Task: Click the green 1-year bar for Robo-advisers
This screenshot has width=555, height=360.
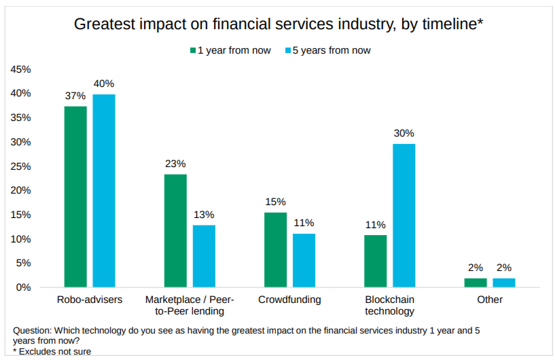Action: (75, 196)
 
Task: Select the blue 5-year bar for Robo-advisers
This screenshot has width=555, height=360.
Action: (104, 190)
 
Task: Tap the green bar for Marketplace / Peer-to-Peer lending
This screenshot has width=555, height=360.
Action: (175, 230)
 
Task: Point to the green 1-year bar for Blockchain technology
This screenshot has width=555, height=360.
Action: (375, 261)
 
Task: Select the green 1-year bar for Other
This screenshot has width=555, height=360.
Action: (476, 283)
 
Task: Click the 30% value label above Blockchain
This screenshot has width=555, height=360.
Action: (404, 133)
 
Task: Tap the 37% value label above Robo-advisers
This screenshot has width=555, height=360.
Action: (75, 96)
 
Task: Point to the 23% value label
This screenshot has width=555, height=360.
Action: (175, 164)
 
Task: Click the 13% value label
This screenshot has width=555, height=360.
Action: (204, 215)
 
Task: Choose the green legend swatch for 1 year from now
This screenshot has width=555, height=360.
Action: (193, 50)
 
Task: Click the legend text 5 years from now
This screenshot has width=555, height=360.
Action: (332, 50)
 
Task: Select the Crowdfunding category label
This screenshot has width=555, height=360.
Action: (289, 300)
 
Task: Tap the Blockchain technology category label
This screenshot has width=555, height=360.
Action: (389, 305)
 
